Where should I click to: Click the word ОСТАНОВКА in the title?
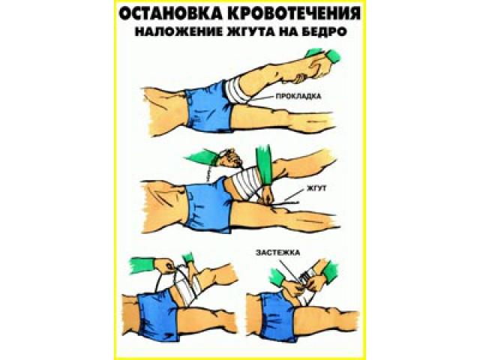[171, 14]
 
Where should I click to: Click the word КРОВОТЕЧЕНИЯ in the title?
[294, 14]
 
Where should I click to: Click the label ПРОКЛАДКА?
[298, 96]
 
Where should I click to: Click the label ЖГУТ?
[316, 188]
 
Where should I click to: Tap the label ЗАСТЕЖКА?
[277, 253]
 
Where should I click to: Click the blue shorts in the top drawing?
[208, 106]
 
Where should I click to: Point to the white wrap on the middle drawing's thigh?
[244, 184]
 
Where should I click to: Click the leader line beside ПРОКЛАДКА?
[262, 97]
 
